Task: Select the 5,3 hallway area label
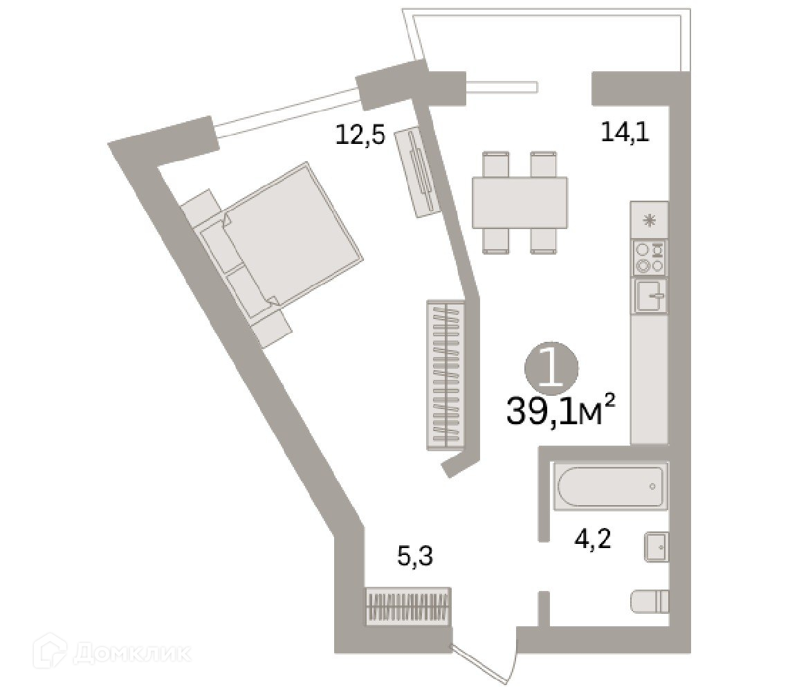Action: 415,556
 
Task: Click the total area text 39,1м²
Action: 560,412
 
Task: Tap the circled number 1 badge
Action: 551,367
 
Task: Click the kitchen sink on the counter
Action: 650,295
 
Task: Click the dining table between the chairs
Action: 519,203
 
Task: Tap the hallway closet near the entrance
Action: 408,607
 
